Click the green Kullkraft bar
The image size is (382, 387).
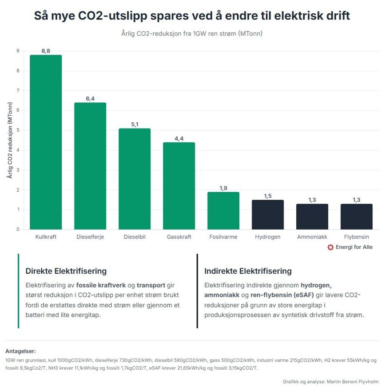click(x=46, y=142)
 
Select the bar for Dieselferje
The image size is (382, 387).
click(x=90, y=166)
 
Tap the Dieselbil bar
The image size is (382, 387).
click(x=135, y=179)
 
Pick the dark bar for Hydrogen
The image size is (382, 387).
click(x=268, y=215)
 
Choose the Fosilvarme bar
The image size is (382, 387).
click(x=223, y=211)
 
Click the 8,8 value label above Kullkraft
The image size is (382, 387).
click(x=46, y=51)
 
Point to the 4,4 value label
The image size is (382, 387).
click(x=179, y=138)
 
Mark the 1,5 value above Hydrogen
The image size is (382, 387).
click(x=268, y=196)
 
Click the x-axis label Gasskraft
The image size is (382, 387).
click(x=179, y=237)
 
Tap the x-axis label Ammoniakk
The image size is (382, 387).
click(x=312, y=237)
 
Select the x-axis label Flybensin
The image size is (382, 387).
click(x=356, y=237)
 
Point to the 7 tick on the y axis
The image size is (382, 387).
click(x=18, y=91)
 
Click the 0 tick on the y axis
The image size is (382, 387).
click(x=18, y=229)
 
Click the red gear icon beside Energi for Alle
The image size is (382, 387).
click(x=330, y=247)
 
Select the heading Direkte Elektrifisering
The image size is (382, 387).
click(x=66, y=271)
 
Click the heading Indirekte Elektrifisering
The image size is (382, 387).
click(x=248, y=271)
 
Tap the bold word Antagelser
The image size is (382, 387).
click(x=21, y=351)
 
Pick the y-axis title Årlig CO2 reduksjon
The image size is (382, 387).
click(x=10, y=140)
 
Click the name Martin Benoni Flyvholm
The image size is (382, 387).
click(x=353, y=382)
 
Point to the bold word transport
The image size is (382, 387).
click(x=151, y=285)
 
